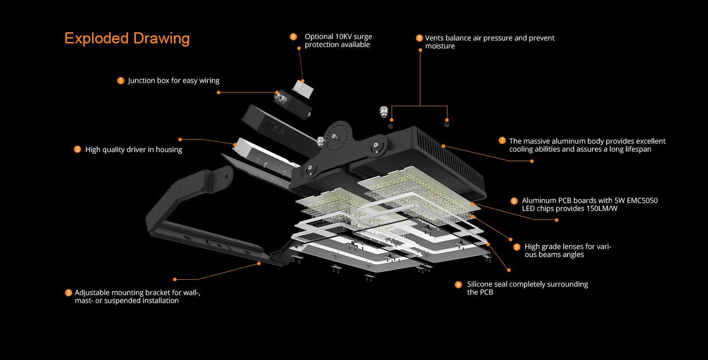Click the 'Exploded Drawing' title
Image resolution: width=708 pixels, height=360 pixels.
tap(127, 39)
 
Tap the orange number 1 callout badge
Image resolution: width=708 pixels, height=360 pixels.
tap(120, 81)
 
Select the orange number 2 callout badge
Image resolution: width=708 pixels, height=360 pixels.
tap(77, 149)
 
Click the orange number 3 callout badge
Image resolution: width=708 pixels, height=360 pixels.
tap(68, 293)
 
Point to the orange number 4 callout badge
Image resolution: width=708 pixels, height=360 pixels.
tap(458, 284)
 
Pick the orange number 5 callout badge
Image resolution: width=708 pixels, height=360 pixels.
tap(516, 247)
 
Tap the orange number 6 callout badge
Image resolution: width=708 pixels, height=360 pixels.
tap(514, 201)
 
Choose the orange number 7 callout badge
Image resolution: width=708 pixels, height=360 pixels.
tap(502, 140)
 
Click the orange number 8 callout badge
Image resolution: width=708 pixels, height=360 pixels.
tap(419, 38)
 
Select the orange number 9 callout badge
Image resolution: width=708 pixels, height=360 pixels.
tap(293, 37)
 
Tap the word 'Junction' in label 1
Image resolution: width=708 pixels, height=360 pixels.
tap(142, 81)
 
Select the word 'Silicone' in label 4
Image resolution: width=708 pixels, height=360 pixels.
tap(481, 284)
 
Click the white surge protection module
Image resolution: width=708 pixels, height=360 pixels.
tap(303, 89)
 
